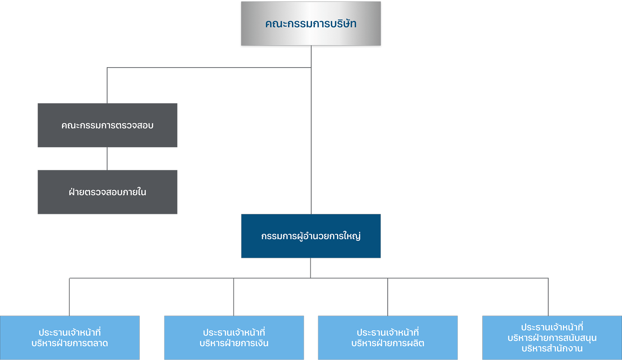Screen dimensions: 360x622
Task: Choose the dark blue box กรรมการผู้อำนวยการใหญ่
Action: tap(311, 247)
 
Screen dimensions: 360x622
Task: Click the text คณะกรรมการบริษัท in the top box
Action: tap(311, 24)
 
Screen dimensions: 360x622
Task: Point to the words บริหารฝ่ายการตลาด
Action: tap(69, 343)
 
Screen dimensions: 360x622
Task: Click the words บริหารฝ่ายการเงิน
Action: tap(234, 343)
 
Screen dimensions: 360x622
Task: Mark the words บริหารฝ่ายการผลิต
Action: tap(388, 343)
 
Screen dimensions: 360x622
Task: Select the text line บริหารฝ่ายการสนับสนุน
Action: tap(552, 338)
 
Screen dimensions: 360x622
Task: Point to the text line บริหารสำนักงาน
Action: tap(552, 349)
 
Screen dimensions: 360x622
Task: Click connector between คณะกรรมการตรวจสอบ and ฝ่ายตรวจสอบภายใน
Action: tap(107, 159)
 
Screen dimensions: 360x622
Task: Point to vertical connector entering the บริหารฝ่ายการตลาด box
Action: tap(69, 297)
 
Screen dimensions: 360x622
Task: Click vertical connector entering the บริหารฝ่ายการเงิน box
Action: tap(233, 297)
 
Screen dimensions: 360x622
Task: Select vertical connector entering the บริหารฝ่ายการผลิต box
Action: tap(387, 297)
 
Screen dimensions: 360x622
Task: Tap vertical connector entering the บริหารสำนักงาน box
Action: tap(549, 297)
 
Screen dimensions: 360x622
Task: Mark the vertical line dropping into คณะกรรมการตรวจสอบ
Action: tap(107, 86)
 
